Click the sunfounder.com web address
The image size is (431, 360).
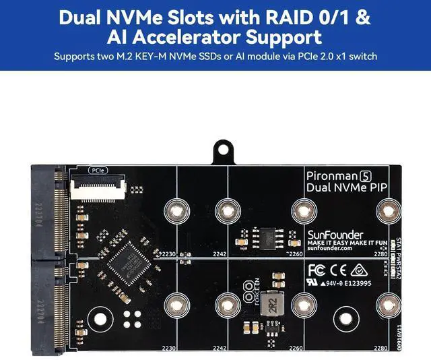pos(330,248)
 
